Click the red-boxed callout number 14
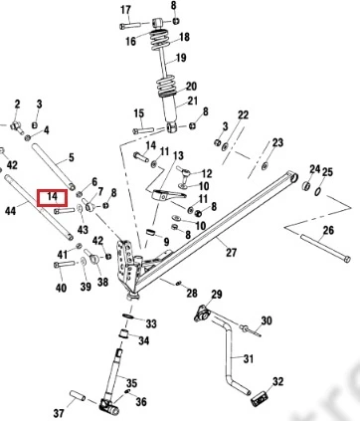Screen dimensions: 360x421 52,196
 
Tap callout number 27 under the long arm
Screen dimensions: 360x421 231,252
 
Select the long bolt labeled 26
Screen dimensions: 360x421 325,248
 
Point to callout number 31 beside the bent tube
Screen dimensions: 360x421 249,358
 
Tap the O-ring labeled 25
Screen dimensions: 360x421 317,191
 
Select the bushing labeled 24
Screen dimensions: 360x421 306,185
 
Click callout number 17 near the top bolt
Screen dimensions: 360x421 125,10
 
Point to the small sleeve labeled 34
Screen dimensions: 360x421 124,333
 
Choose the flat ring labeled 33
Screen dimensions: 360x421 128,316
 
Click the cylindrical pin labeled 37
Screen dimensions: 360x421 78,396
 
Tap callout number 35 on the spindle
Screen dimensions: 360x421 131,383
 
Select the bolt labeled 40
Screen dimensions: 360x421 64,265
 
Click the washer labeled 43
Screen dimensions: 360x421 80,209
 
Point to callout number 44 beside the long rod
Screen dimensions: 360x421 10,210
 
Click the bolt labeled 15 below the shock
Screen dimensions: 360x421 143,130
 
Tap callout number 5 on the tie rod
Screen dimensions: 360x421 71,157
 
